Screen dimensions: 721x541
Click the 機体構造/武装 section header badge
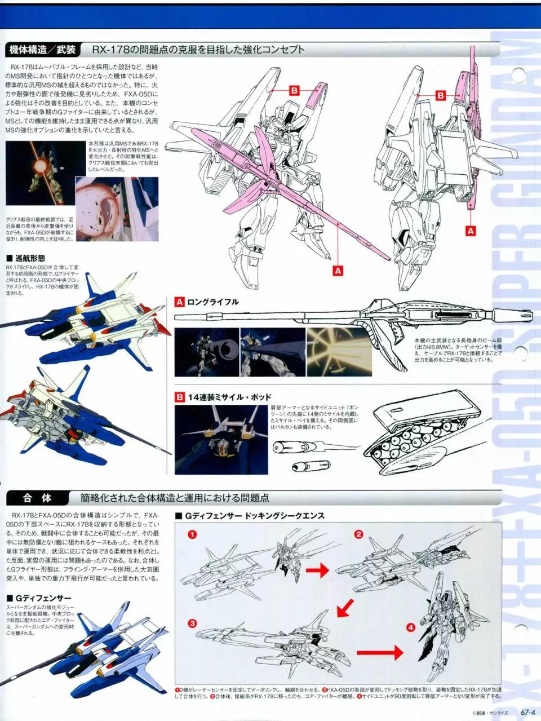[43, 50]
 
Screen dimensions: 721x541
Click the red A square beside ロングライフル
[179, 302]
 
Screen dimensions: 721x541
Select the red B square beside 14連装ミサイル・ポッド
[179, 397]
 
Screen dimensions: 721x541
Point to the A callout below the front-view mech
[338, 271]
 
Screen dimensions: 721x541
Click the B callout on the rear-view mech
[441, 95]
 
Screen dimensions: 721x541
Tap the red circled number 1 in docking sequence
[192, 534]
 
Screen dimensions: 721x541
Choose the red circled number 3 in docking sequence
[192, 623]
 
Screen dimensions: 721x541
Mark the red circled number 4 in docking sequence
[410, 627]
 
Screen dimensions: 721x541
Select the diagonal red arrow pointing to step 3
[344, 608]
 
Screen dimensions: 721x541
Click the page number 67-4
[528, 712]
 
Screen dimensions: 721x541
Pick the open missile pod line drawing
[428, 434]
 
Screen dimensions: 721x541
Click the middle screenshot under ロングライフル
[272, 352]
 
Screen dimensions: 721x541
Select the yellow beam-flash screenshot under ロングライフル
[339, 352]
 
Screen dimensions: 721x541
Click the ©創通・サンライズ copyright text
[490, 713]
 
